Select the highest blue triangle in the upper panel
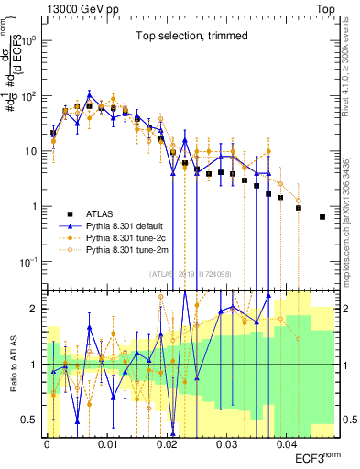[x=89, y=94]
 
